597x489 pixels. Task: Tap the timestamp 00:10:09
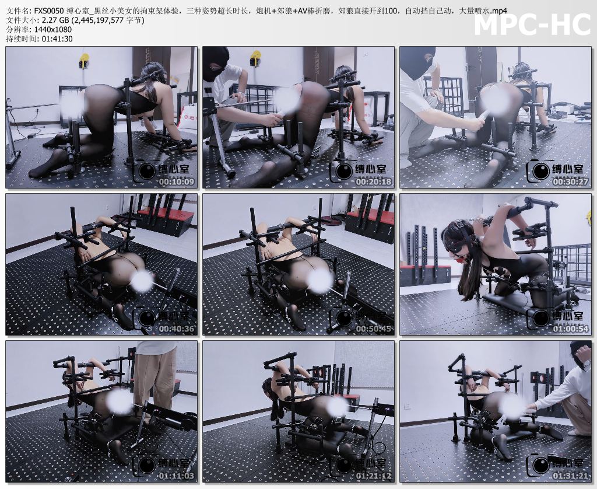(x=176, y=182)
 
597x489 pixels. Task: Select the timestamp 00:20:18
(x=374, y=182)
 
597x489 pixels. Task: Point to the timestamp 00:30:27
(x=570, y=182)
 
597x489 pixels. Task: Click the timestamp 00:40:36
(x=176, y=329)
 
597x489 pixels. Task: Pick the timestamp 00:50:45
(x=374, y=329)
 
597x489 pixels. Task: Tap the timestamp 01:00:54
(x=570, y=329)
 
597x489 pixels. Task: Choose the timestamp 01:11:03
(x=176, y=476)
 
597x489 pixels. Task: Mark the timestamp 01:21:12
(x=374, y=476)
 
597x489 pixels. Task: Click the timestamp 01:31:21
(x=570, y=476)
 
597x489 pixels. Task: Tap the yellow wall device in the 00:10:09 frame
(x=83, y=61)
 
